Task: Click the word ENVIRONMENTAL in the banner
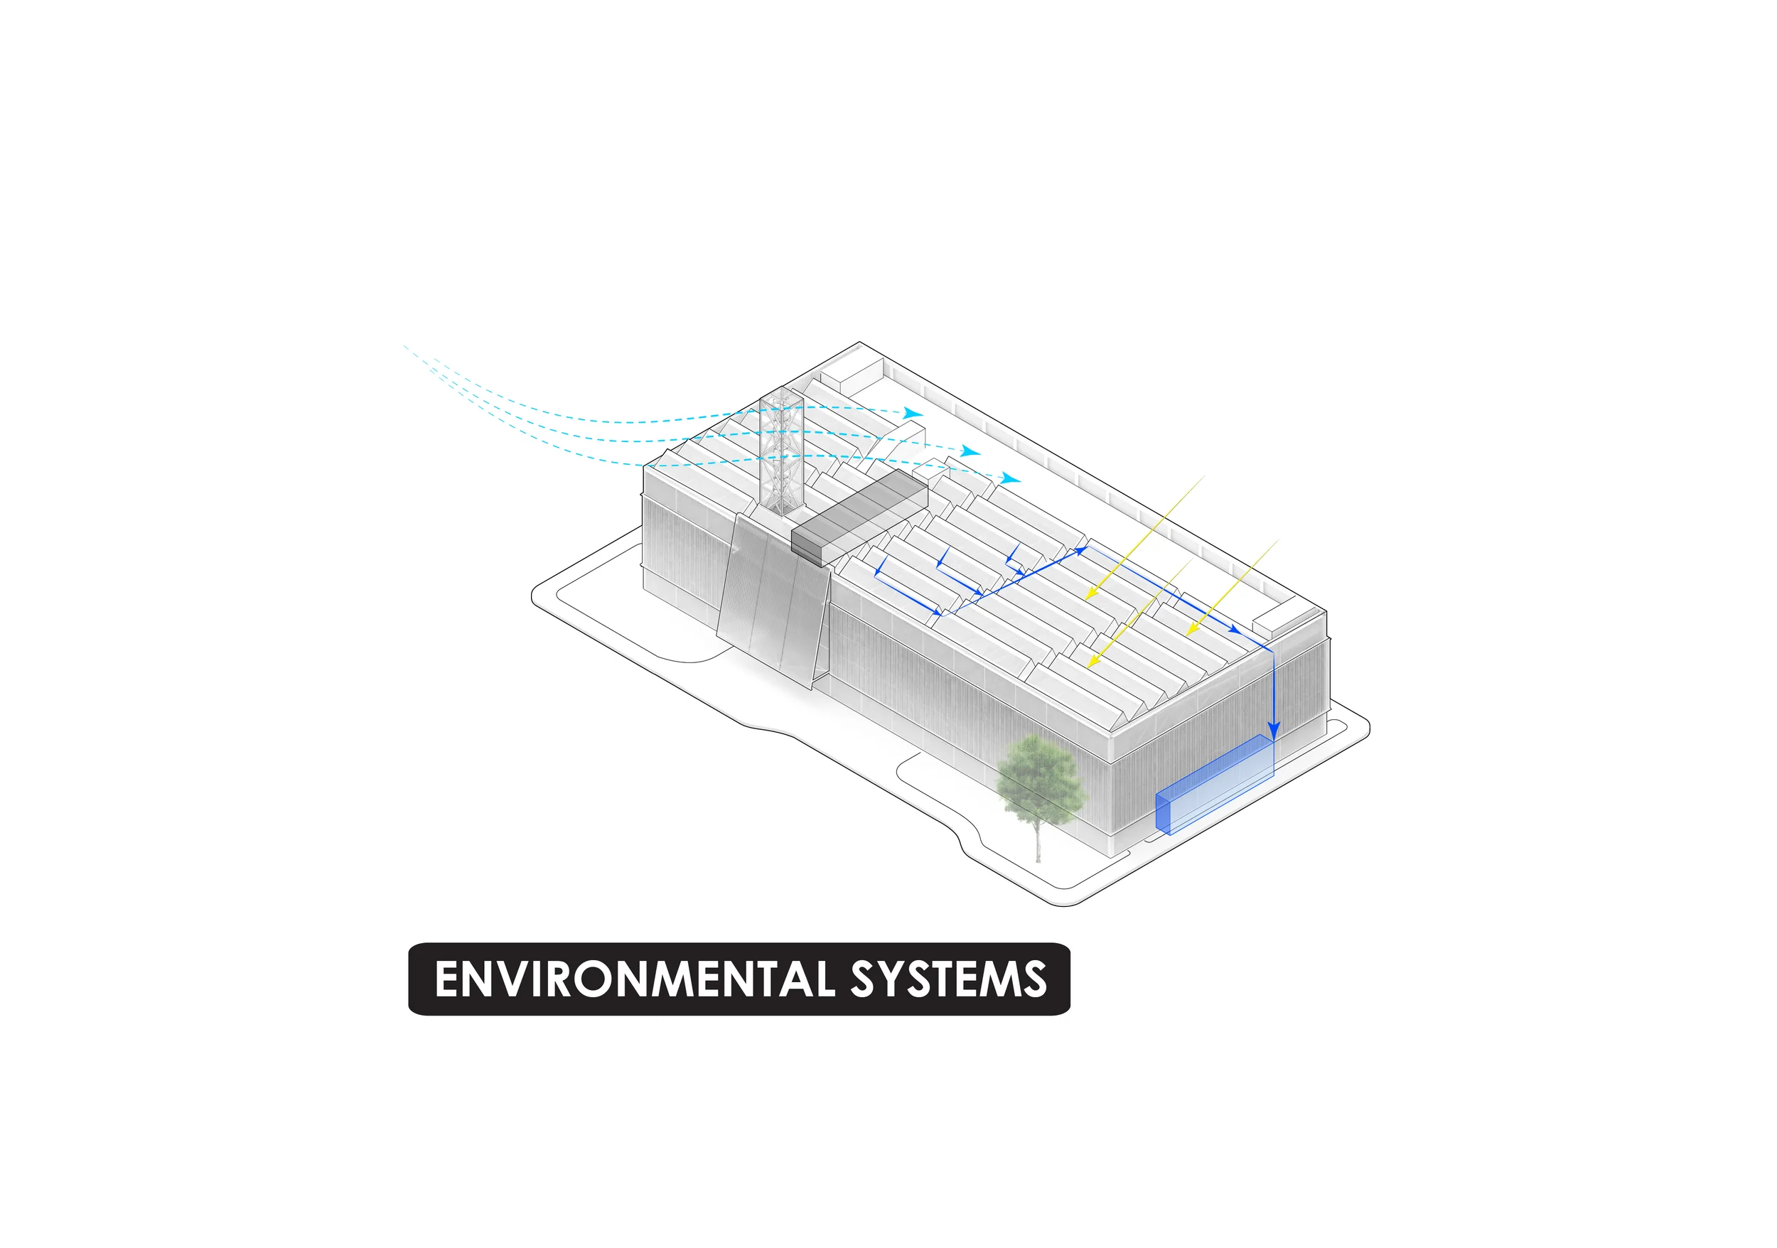tap(635, 979)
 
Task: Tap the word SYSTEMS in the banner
tap(948, 979)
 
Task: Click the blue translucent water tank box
tap(1213, 785)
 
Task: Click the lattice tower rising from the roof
tap(782, 453)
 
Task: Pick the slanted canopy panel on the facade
tap(774, 600)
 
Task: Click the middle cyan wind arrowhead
tap(972, 451)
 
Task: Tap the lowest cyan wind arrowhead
tap(1012, 478)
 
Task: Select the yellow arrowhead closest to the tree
tap(1091, 663)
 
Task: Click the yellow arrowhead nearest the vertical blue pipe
tap(1192, 630)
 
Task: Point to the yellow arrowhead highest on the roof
tap(1089, 594)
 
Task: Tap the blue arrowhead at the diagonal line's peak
tap(1081, 550)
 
